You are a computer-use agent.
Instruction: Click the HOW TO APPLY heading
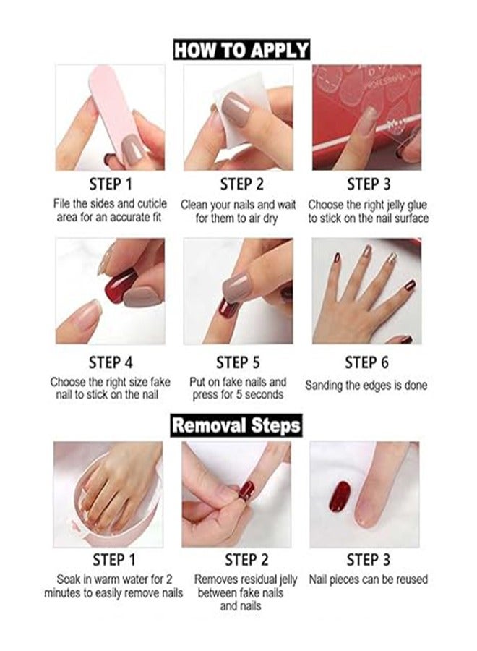pos(241,50)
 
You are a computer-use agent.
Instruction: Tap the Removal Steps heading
pos(236,425)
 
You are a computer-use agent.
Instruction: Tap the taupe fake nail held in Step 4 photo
pos(142,297)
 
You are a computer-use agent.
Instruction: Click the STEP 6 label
pos(366,362)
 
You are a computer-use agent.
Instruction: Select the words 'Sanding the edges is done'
pos(366,386)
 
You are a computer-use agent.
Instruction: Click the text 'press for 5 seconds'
pos(239,395)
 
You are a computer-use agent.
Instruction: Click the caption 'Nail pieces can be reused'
pos(368,579)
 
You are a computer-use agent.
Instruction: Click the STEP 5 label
pos(238,362)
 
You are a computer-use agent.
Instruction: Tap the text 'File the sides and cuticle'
pos(110,204)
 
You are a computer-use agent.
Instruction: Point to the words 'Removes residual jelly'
pos(239,579)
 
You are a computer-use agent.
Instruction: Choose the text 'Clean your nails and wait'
pos(239,204)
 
